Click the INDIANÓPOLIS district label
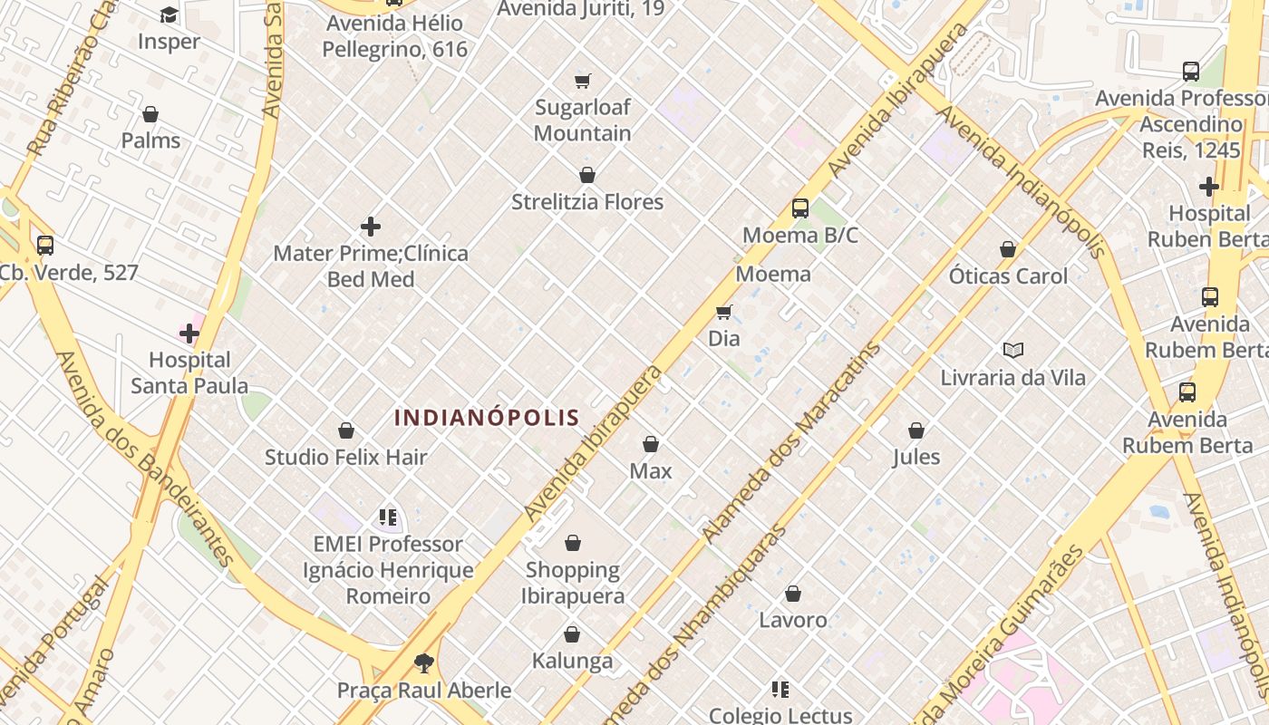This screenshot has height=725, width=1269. tap(487, 418)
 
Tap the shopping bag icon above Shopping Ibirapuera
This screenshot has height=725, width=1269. tap(573, 543)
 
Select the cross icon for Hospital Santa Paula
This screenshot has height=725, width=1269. tap(189, 333)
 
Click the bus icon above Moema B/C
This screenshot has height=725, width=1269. tap(800, 208)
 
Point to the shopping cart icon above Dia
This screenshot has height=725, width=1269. tap(723, 313)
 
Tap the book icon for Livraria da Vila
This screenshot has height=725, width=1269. tap(1012, 350)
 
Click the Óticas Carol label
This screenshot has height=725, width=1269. tap(1008, 275)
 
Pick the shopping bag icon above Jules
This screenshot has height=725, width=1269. tap(916, 430)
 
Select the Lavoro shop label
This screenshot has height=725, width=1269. tap(793, 620)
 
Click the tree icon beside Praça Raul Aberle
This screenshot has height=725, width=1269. tap(423, 663)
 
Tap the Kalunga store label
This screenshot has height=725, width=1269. tap(572, 661)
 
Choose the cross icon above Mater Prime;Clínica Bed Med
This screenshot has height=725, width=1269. tap(371, 227)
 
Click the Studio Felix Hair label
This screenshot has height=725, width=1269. tap(345, 457)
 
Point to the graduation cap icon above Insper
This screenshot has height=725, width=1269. tap(169, 15)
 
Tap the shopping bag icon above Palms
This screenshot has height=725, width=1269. tap(150, 114)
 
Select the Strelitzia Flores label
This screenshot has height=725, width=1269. tap(587, 201)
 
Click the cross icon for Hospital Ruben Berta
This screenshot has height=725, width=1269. tap(1208, 187)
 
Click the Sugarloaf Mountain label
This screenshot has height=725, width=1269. tap(582, 120)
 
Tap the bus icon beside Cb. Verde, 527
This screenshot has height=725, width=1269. tap(45, 245)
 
